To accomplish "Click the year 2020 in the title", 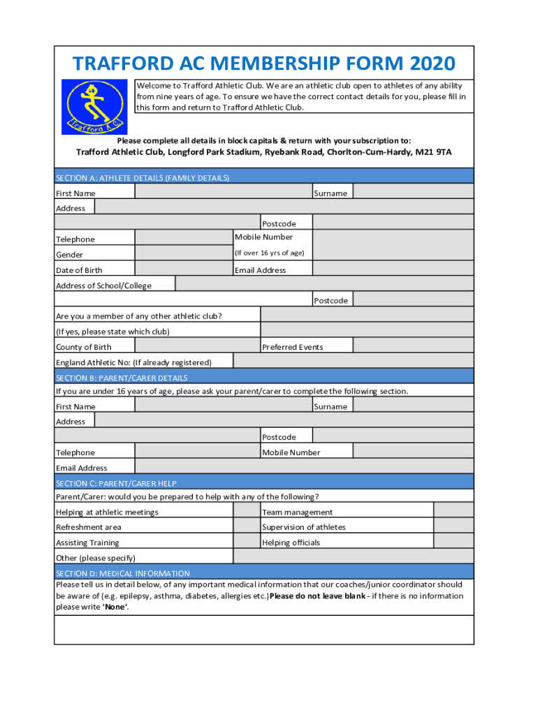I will (x=432, y=64).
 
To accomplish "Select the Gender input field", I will (x=184, y=253).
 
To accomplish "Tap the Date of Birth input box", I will (x=184, y=269).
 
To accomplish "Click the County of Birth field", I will (x=197, y=346).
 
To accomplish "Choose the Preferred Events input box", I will (x=413, y=346).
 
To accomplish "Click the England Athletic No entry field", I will (x=353, y=361).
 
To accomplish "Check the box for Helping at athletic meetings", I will (x=247, y=511).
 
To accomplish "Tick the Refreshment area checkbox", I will (x=247, y=526).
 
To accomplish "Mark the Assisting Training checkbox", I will (x=247, y=542).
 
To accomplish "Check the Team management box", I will (x=453, y=511).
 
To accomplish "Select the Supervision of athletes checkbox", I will (x=453, y=526).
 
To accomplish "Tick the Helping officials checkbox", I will (x=453, y=542).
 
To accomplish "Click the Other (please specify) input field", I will (x=353, y=556).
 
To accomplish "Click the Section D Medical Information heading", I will (x=123, y=573).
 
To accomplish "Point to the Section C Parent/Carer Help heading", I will (x=116, y=483).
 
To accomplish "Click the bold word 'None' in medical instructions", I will (x=115, y=607).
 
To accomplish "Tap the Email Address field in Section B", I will (x=304, y=466).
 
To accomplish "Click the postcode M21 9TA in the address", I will (x=433, y=152).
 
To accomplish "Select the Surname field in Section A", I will (x=413, y=192).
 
